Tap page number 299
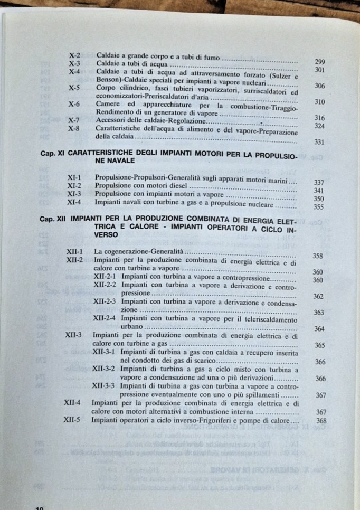tap(319, 62)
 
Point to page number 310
tap(319, 102)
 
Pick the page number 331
tap(319, 142)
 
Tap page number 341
tap(318, 191)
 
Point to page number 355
tap(318, 207)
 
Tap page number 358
tap(318, 256)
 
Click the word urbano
tap(132, 327)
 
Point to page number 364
tap(319, 329)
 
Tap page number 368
tap(321, 421)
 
